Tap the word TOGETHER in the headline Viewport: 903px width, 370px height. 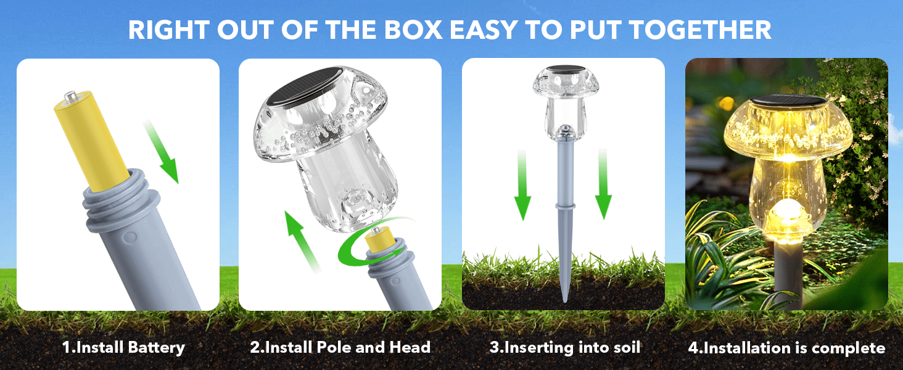[700, 30]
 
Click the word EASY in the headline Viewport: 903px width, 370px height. [483, 30]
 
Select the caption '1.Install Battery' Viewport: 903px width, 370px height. [123, 348]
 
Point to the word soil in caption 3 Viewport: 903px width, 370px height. [625, 347]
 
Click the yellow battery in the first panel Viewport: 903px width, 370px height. [91, 141]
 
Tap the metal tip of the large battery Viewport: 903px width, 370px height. [70, 96]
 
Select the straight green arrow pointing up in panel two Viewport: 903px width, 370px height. [302, 241]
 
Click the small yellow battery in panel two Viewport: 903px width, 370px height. [379, 238]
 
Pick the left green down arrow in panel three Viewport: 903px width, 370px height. [522, 186]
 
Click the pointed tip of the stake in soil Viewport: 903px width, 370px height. [565, 301]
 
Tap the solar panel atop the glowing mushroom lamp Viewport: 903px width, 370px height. [789, 101]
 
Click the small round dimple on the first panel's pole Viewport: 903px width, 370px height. [130, 237]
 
